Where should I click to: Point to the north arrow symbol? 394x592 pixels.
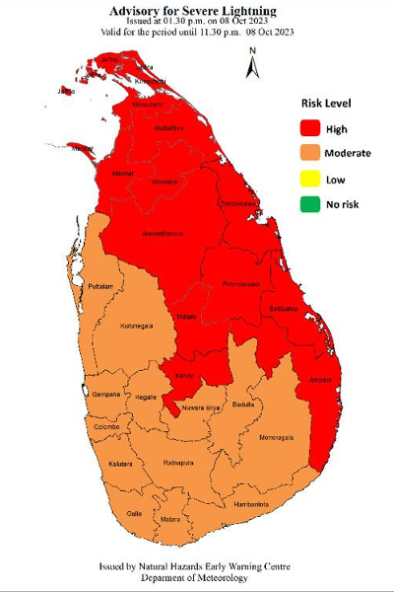[x=253, y=62]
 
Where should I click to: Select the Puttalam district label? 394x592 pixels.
[x=101, y=286]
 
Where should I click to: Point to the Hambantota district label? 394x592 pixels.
[x=250, y=505]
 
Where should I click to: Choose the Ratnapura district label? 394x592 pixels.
[x=177, y=460]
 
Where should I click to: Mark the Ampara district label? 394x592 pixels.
[x=322, y=380]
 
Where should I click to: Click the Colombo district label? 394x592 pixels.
[x=106, y=427]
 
